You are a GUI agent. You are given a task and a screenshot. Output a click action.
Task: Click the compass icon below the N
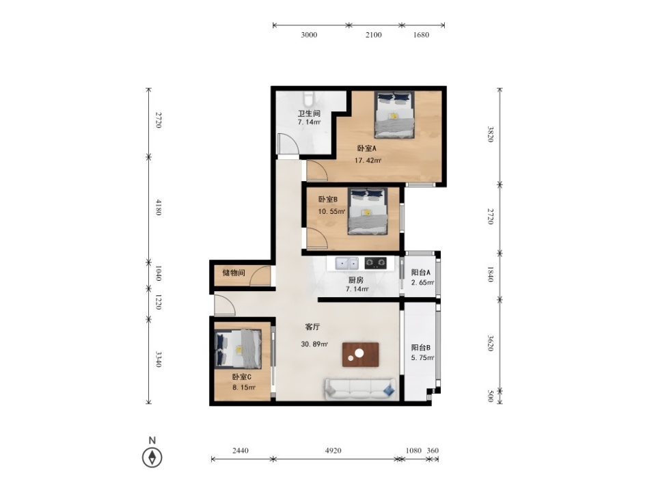tap(152, 457)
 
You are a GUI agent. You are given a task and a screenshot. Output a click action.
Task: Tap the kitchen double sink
tap(347, 263)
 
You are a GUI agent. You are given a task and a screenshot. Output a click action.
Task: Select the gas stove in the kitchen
tap(375, 262)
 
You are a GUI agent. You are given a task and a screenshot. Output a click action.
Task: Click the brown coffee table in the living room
tap(360, 355)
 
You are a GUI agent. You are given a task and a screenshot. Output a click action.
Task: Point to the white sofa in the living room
tap(360, 389)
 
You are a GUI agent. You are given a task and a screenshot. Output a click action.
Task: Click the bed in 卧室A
tap(394, 115)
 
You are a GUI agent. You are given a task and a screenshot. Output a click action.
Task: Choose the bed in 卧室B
tap(368, 212)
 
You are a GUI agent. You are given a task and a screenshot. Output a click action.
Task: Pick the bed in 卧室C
tap(238, 349)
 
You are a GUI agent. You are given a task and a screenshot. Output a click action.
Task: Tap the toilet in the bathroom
tap(309, 98)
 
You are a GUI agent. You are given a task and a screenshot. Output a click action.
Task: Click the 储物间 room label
tap(234, 273)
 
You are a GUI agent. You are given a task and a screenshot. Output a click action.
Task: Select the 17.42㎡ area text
tap(368, 160)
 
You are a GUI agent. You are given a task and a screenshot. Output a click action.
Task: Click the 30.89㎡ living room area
tap(314, 344)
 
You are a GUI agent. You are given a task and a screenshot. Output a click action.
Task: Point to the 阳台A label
tap(420, 273)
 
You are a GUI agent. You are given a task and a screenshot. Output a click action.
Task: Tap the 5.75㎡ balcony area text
tap(422, 357)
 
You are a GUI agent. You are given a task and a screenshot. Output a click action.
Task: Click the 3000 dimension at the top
tap(309, 35)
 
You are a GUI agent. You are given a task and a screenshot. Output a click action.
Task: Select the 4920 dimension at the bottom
tap(333, 450)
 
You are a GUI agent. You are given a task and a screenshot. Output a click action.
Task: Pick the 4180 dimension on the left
tap(159, 207)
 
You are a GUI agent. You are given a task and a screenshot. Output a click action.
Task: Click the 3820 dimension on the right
tap(491, 135)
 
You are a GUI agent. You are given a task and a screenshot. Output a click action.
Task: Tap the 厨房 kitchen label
tap(355, 280)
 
